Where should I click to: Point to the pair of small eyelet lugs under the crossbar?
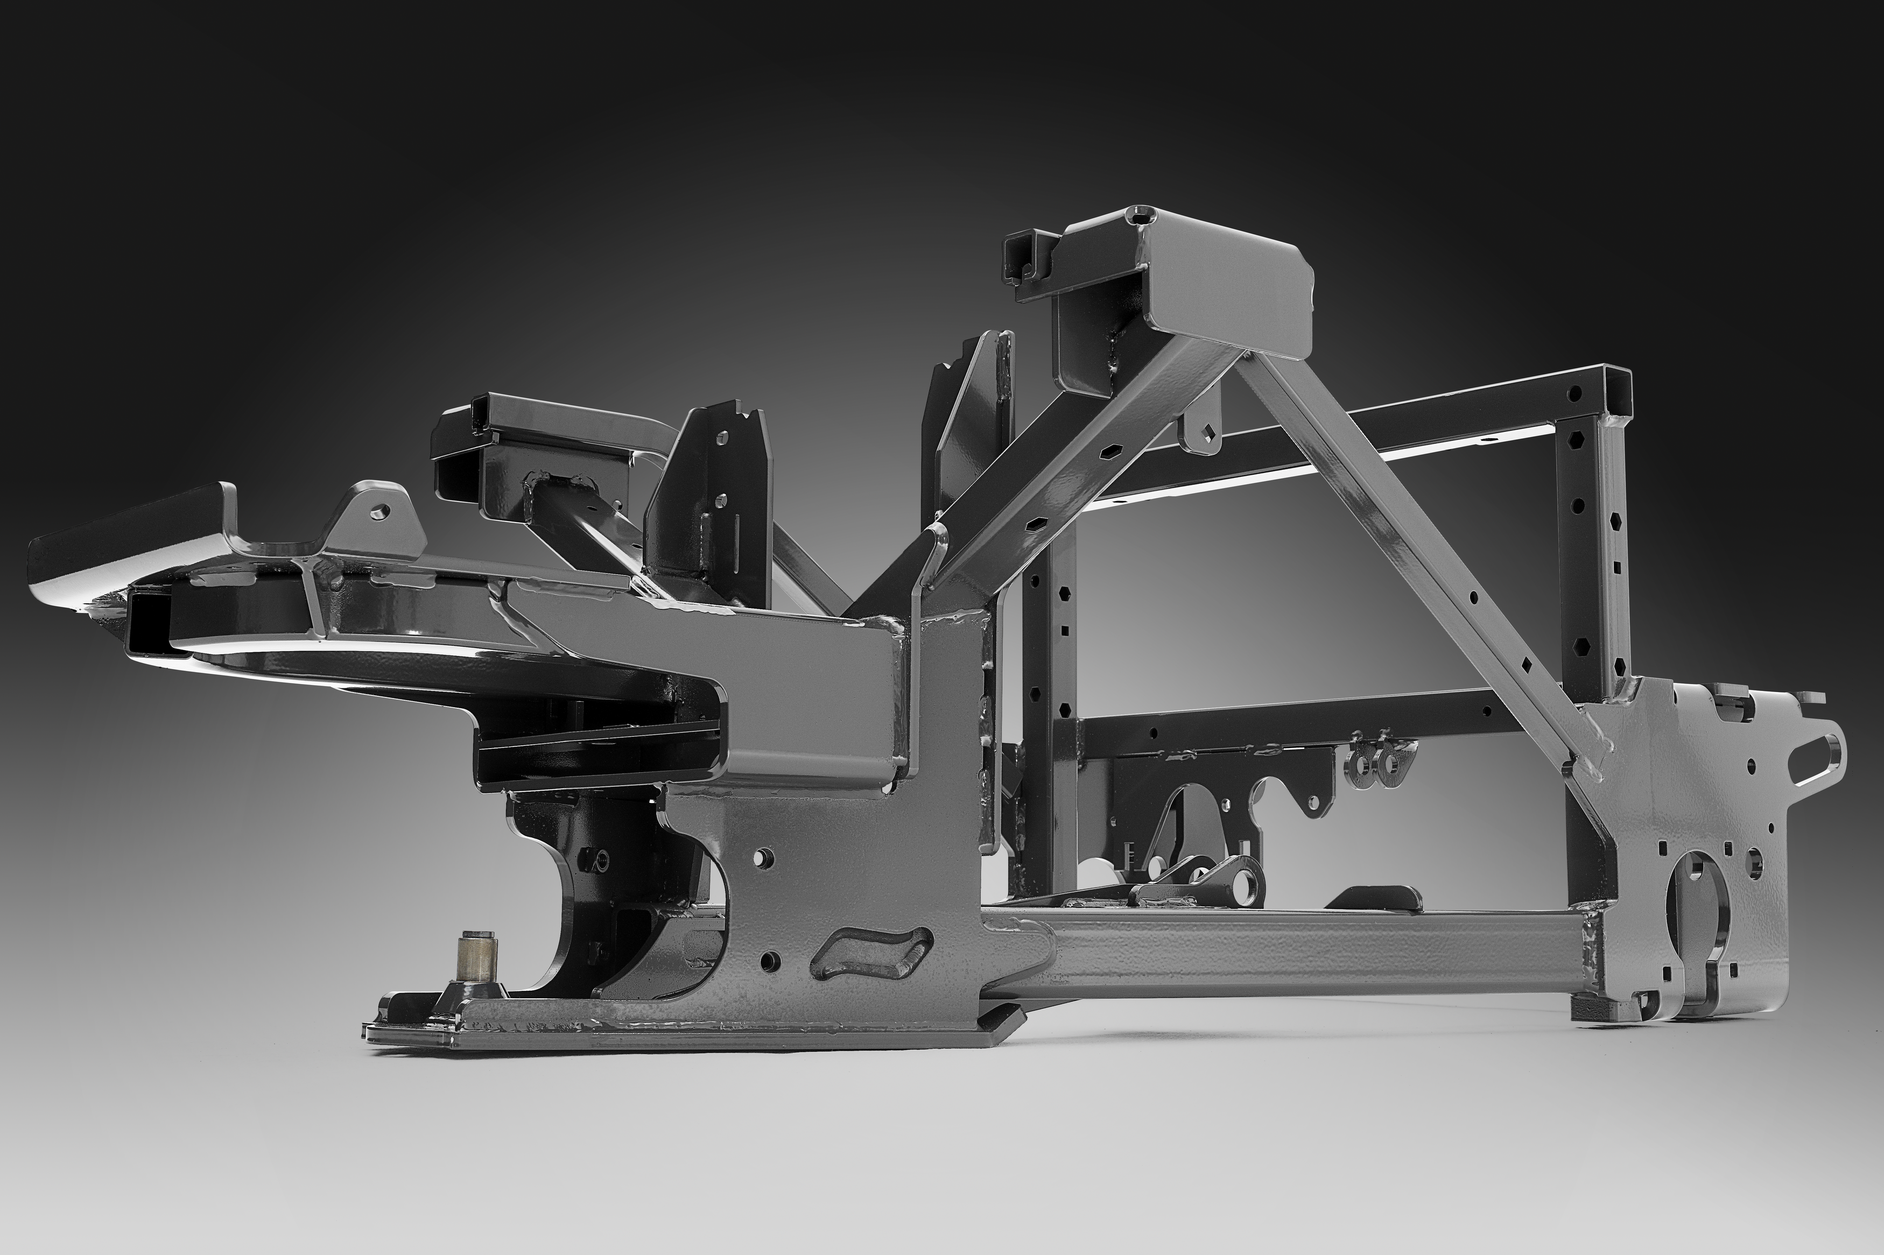1376,761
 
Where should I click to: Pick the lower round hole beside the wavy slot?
771,959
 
